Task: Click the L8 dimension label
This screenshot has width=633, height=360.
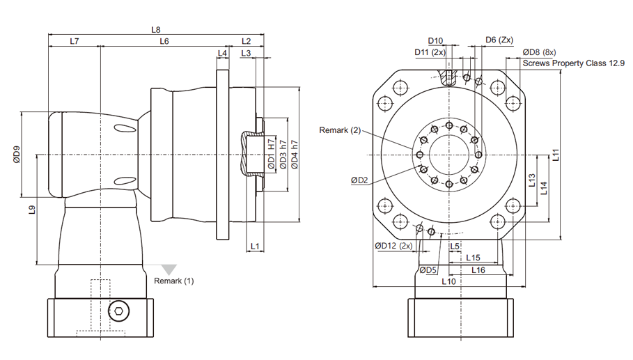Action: coord(156,30)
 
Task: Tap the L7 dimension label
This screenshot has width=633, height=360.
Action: coord(75,41)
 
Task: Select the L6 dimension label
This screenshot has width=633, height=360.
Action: coord(164,41)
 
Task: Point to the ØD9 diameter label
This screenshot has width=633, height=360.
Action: coord(17,155)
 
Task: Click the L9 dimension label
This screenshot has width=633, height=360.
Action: coord(32,210)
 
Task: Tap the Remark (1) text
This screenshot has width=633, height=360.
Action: coord(174,281)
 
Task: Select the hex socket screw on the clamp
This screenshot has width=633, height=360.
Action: coord(119,311)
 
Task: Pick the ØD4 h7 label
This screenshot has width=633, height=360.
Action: coord(295,155)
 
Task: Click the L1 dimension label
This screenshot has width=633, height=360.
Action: coord(255,246)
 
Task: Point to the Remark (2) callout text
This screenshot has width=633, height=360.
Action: coord(340,130)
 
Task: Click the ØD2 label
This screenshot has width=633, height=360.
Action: coord(360,180)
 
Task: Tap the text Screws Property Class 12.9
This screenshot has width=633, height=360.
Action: coord(574,63)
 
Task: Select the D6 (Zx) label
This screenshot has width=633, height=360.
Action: coord(499,40)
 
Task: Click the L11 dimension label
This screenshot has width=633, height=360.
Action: coord(556,155)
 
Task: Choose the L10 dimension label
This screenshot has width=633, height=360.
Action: coord(448,281)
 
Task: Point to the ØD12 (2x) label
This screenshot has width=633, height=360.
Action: coord(393,246)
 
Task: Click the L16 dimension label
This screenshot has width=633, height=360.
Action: coord(478,270)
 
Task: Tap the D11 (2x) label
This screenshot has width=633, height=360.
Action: coord(430,52)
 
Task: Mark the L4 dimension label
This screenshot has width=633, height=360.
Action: coord(222,53)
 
